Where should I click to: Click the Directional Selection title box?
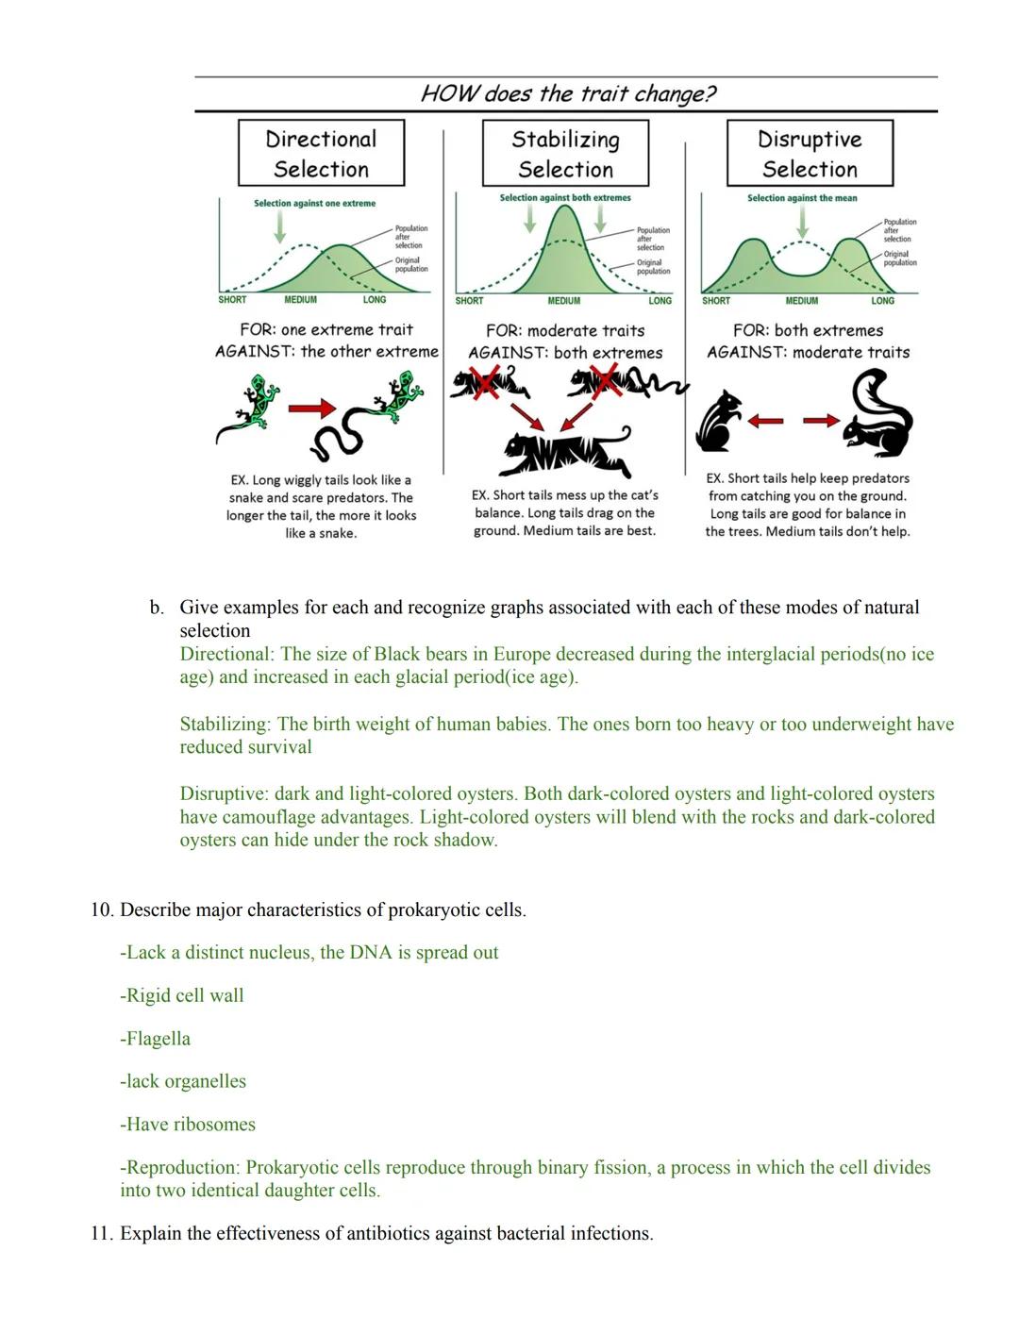321,153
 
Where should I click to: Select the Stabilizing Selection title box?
565,153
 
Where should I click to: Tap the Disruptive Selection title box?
810,153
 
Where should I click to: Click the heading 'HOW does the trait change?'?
568,93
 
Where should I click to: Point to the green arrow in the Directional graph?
279,226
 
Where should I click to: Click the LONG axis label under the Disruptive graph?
882,301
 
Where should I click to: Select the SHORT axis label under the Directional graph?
232,300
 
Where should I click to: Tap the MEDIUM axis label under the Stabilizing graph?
563,301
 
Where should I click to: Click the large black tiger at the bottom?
566,451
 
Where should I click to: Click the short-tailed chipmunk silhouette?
719,421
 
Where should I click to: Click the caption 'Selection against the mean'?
802,198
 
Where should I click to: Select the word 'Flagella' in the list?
158,1039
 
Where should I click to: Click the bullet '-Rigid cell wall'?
181,995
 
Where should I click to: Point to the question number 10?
102,910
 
